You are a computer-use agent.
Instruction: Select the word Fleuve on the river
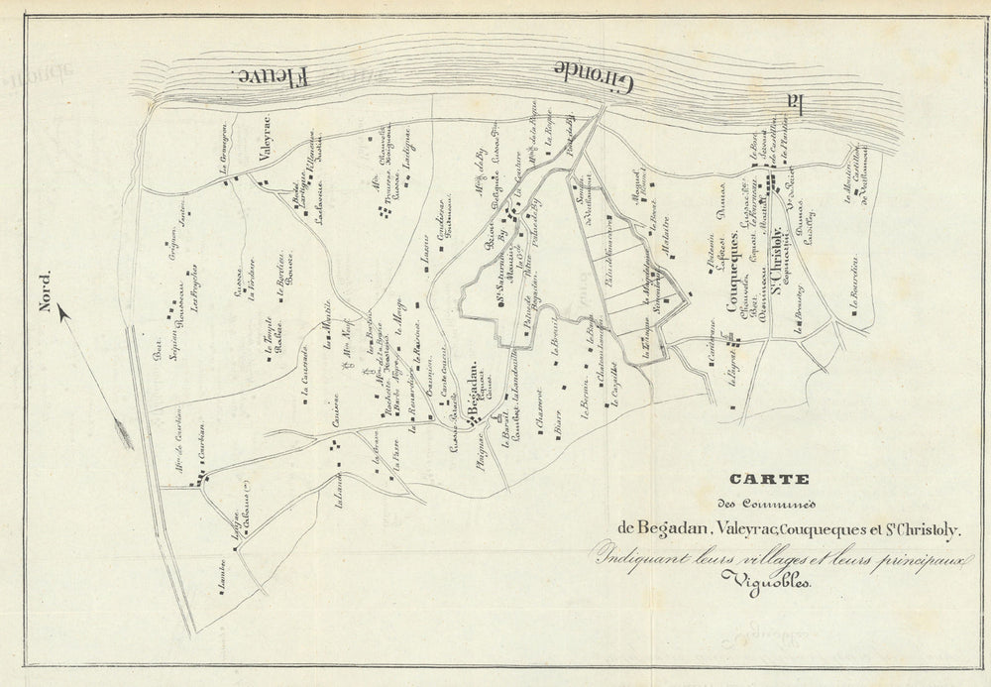(x=273, y=75)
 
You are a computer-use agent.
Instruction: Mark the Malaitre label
(x=667, y=238)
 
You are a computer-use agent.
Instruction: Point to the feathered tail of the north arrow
(x=124, y=432)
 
